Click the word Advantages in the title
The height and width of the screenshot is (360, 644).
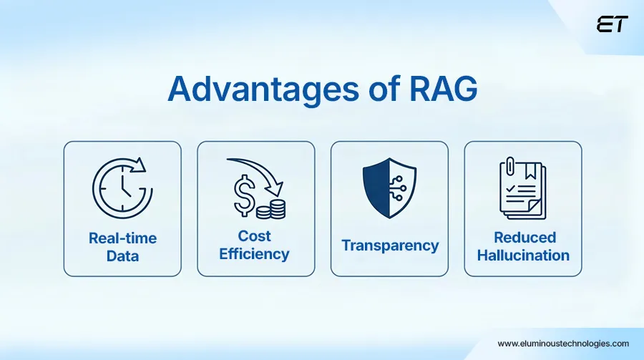[263, 89]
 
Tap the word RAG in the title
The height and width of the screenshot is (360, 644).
[444, 88]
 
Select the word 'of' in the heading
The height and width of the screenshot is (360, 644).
[384, 88]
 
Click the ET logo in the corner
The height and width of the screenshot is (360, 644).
[612, 24]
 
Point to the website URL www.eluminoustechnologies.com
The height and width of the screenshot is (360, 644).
[563, 343]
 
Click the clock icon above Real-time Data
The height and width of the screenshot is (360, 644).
[122, 188]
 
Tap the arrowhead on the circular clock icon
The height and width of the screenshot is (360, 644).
[139, 164]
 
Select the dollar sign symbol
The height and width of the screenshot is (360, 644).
[244, 195]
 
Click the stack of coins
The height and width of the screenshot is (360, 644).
[271, 209]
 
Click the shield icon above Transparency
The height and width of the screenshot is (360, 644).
[389, 188]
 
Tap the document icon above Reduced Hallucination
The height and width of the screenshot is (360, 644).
[523, 188]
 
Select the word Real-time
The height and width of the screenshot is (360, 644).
[123, 238]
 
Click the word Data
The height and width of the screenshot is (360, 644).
[122, 256]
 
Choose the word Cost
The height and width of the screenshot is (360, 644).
[254, 236]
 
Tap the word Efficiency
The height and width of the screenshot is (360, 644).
[254, 254]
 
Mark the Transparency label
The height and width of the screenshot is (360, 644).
[390, 245]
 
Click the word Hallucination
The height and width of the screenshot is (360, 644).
[523, 256]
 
